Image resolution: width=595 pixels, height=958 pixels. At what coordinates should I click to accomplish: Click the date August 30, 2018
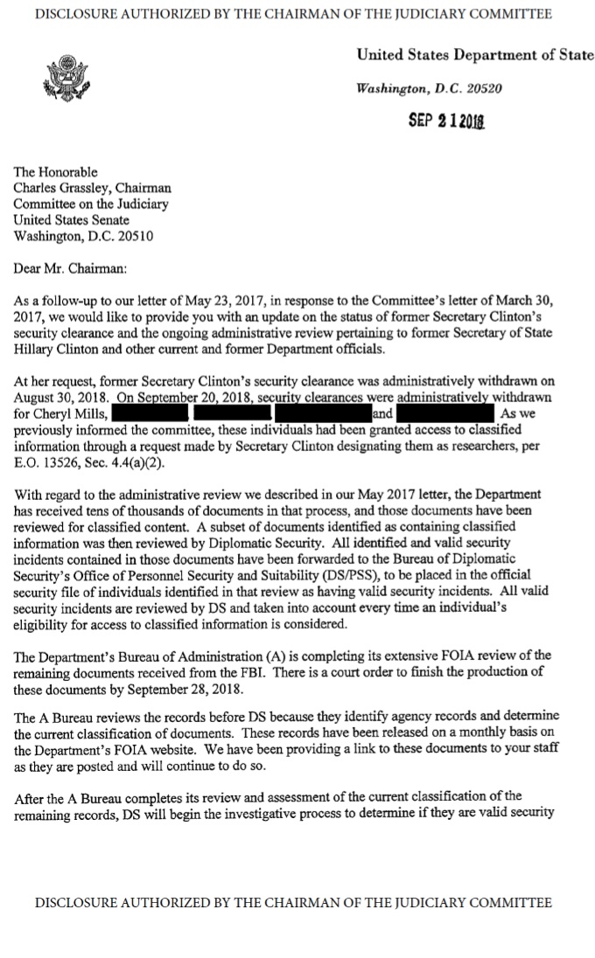coord(56,399)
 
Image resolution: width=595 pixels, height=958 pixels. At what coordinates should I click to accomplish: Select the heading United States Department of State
coord(474,55)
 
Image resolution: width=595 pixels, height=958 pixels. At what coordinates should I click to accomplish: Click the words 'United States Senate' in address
coord(71,220)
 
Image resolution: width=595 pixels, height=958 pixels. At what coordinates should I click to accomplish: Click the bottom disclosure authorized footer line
coord(293,903)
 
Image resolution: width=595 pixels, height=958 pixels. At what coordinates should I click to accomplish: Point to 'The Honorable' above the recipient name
coord(56,172)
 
